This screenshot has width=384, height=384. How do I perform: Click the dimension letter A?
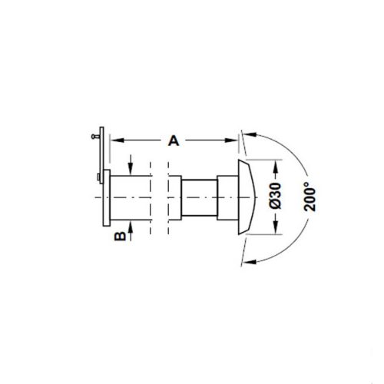174,141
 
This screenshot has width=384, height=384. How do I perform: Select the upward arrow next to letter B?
132,228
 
